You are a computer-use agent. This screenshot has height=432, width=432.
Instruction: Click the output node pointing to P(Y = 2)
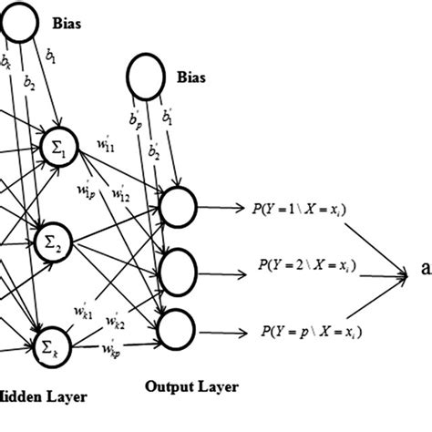pos(177,268)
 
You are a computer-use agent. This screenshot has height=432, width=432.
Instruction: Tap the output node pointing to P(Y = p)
pos(177,326)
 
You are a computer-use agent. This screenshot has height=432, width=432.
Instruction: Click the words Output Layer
pos(192,386)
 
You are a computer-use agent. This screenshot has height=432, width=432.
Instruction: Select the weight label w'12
pos(119,193)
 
